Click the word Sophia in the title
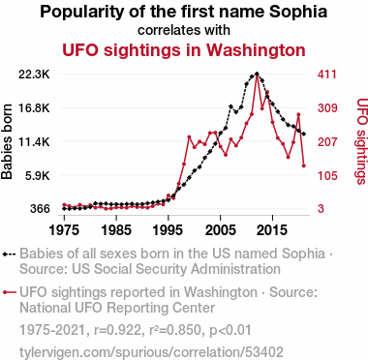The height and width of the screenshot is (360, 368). [x=298, y=13]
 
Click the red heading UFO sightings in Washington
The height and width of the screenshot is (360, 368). [x=184, y=50]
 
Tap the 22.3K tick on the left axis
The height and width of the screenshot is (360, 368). [x=34, y=75]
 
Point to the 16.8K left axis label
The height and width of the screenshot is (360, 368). [x=34, y=108]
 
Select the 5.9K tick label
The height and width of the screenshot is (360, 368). [x=38, y=175]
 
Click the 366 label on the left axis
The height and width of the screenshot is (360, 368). [x=40, y=209]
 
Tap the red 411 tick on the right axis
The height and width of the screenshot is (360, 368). [x=326, y=75]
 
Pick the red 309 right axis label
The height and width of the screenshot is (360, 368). [x=327, y=108]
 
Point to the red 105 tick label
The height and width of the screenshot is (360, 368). [x=327, y=175]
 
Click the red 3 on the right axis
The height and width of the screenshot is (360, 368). [x=321, y=209]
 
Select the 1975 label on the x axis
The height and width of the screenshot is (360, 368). [x=64, y=230]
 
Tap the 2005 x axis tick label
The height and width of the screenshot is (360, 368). [x=221, y=230]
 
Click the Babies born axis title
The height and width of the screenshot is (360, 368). [x=7, y=141]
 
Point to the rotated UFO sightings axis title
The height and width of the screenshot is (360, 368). [x=362, y=141]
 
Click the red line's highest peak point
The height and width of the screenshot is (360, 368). [x=257, y=75]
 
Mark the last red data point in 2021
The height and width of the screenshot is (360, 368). [x=304, y=165]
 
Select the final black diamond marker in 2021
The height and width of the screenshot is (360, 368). [x=304, y=134]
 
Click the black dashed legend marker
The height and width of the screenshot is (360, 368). [x=9, y=254]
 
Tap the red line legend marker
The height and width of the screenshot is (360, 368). [x=9, y=292]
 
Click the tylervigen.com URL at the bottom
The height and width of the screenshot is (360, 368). [x=151, y=351]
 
